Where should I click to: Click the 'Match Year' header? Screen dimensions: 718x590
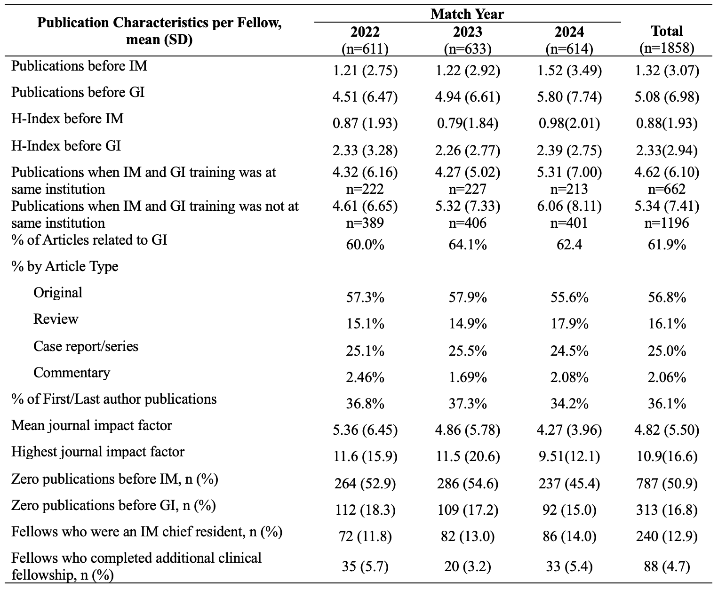click(467, 14)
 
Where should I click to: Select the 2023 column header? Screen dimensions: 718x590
click(467, 40)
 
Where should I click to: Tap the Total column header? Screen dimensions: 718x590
click(667, 40)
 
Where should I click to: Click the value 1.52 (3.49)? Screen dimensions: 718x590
click(569, 71)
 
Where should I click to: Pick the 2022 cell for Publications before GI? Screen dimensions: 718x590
click(365, 97)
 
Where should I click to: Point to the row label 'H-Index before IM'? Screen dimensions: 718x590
click(67, 119)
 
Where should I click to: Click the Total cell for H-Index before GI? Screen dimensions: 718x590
click(667, 150)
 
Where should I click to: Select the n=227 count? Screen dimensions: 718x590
click(467, 189)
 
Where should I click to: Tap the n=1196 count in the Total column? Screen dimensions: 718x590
click(667, 223)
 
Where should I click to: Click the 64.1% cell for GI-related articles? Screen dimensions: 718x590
click(467, 245)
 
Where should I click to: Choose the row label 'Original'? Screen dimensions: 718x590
click(58, 293)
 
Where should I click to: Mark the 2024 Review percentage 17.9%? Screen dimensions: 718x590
click(569, 324)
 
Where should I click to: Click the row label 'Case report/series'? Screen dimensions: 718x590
click(86, 346)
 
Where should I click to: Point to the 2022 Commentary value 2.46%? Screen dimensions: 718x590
click(365, 377)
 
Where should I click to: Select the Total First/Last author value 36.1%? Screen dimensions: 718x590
click(667, 404)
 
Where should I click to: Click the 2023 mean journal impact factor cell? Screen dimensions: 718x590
click(467, 431)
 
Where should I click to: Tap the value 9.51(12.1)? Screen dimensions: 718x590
click(569, 456)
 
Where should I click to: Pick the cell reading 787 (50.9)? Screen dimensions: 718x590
click(667, 484)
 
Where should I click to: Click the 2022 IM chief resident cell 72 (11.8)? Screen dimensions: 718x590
click(365, 536)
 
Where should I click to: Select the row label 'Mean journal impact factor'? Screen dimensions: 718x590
click(92, 426)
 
